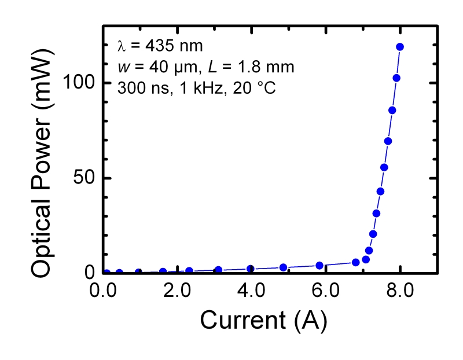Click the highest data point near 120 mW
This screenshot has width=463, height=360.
400,47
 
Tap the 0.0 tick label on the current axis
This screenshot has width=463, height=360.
104,289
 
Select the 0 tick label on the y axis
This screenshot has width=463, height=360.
90,273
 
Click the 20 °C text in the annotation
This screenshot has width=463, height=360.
236,89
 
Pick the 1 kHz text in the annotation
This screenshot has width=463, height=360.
188,89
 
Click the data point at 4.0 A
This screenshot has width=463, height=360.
251,269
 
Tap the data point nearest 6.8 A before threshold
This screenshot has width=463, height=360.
356,262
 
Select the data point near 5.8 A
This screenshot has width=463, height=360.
319,265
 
